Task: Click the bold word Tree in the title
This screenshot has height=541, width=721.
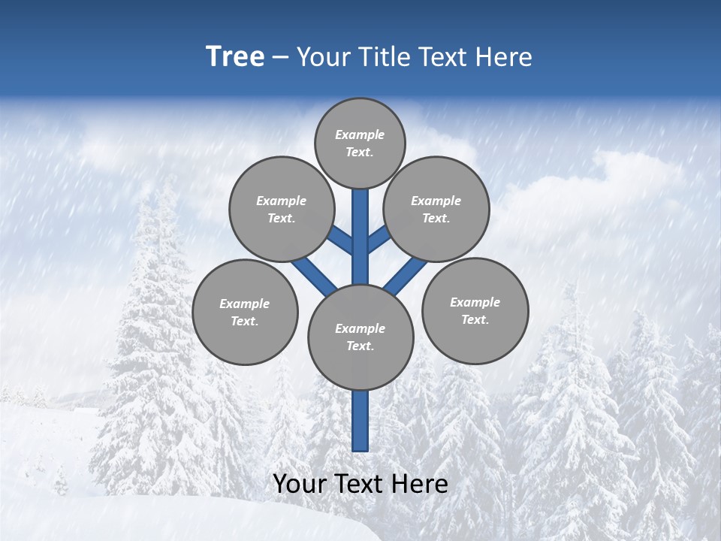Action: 235,56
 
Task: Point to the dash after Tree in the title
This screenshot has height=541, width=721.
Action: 280,58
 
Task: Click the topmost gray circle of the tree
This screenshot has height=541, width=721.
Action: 360,143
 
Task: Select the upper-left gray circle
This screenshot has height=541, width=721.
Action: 281,209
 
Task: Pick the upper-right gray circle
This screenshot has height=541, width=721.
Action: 436,209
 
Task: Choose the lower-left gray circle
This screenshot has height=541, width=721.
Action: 245,312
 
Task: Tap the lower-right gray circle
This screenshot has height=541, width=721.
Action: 475,310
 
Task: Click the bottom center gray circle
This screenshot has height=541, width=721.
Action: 360,337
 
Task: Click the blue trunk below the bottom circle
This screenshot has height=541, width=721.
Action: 360,421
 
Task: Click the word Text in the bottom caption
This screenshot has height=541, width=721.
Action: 359,484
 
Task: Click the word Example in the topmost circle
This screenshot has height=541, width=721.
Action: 360,134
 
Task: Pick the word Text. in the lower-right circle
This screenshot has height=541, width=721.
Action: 475,319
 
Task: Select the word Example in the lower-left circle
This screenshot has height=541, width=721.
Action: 245,304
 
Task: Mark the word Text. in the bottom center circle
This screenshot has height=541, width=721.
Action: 360,346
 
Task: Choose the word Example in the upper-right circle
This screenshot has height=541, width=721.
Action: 436,201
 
